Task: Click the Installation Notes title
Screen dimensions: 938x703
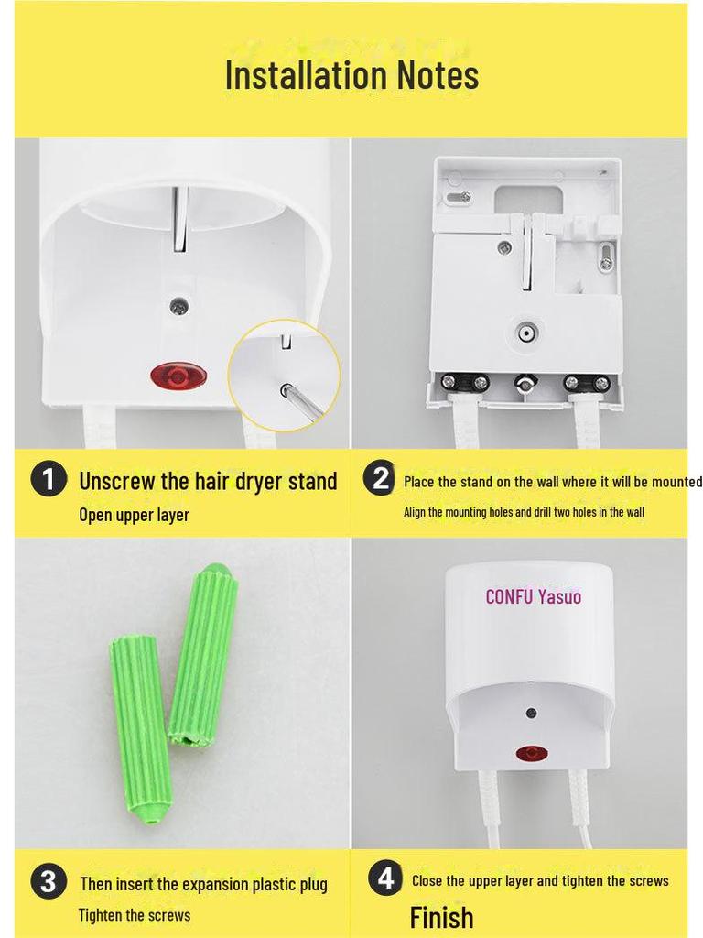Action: pos(351,75)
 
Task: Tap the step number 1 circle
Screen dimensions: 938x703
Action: pos(49,480)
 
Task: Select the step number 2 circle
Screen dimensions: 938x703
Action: pos(380,479)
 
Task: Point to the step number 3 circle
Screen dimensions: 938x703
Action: pos(49,882)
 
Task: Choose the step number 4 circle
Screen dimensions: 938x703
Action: pos(386,878)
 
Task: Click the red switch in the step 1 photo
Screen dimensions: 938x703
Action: pos(179,376)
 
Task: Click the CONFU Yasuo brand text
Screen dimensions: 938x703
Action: pos(533,597)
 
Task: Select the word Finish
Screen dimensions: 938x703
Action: pos(441,917)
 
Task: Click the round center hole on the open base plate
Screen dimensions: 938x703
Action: pos(526,333)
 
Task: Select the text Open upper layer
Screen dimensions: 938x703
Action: pos(134,515)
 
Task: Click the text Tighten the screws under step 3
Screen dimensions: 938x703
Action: pos(135,915)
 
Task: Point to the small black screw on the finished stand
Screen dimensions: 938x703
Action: pos(529,713)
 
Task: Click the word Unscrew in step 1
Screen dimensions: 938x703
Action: pos(112,481)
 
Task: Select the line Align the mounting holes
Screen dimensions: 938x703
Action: pos(524,512)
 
